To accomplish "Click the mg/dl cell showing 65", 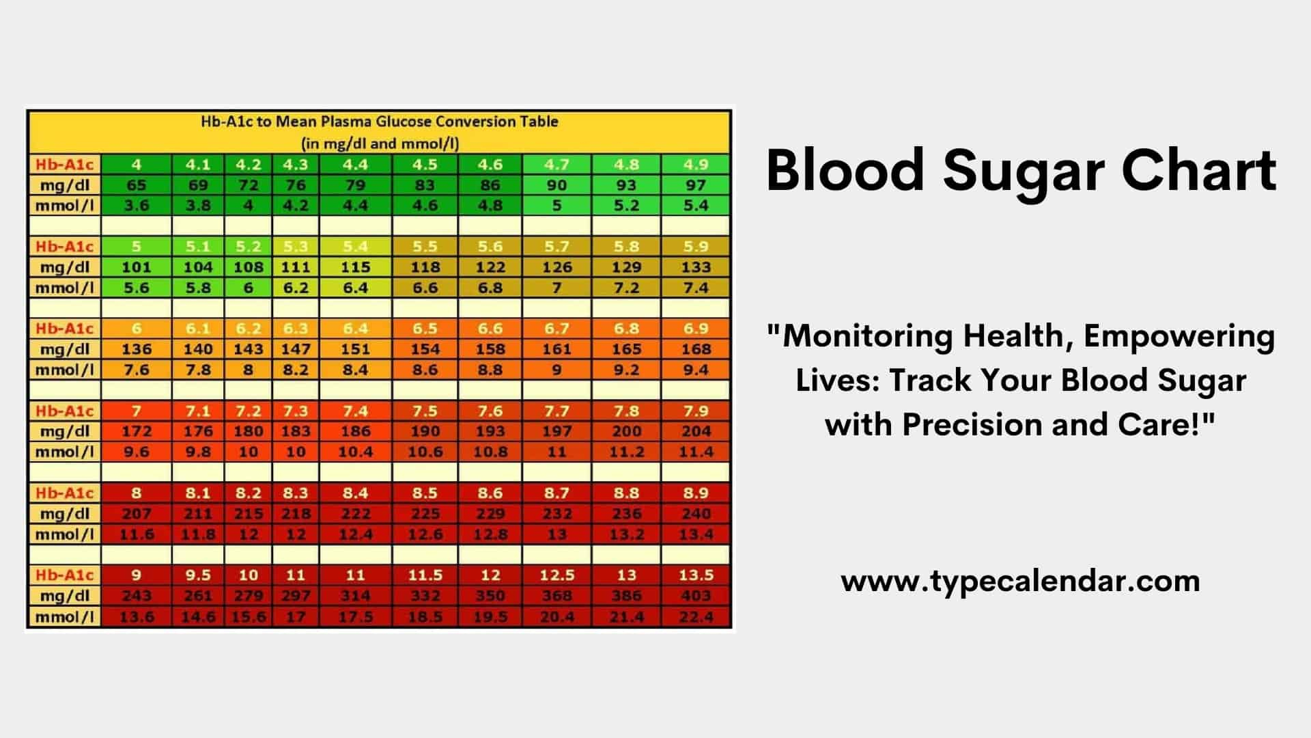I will coord(137,185).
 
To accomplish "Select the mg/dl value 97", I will coord(695,185).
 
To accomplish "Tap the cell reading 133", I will coord(695,267).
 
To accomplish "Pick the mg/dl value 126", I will coord(556,267).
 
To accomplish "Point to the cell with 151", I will coord(355,349).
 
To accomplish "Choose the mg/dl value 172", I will coord(137,431).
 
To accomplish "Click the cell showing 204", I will coord(695,431).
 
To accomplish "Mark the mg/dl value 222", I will coord(355,514).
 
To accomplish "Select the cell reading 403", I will coord(695,596).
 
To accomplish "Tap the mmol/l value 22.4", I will coord(695,617).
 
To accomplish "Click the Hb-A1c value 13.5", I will coord(695,575).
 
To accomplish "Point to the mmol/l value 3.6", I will coord(137,206).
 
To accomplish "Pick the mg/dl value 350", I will coord(490,596).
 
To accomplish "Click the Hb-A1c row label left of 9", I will coord(64,575).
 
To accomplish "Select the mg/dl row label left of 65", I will coord(64,185).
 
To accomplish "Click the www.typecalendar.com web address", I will coord(1020,582).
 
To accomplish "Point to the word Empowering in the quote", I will coord(1179,336).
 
